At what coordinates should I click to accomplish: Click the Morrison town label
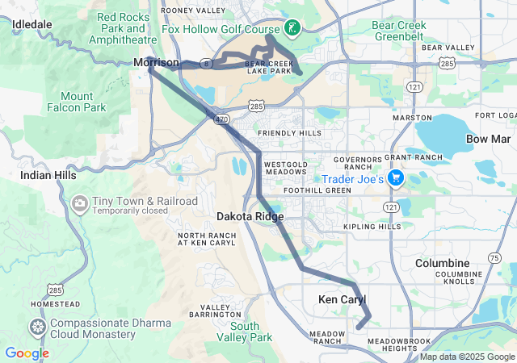coord(157,62)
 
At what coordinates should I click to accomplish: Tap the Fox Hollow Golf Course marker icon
coord(292,29)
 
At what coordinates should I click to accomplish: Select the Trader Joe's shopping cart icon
coord(396,178)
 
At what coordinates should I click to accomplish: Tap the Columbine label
coord(442,264)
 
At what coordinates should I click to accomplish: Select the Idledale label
coord(32,24)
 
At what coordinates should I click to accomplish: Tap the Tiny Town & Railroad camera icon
coord(81,202)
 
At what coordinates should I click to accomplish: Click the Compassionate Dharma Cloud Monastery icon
coord(37,328)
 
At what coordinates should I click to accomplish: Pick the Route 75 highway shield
coord(493,257)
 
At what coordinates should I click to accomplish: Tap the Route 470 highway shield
coord(221,119)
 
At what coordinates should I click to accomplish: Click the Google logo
coord(27,353)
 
